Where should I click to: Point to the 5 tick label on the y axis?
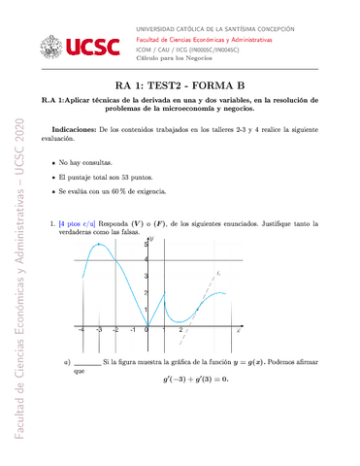pos(144,250)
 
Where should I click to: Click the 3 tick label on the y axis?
pos(144,292)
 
